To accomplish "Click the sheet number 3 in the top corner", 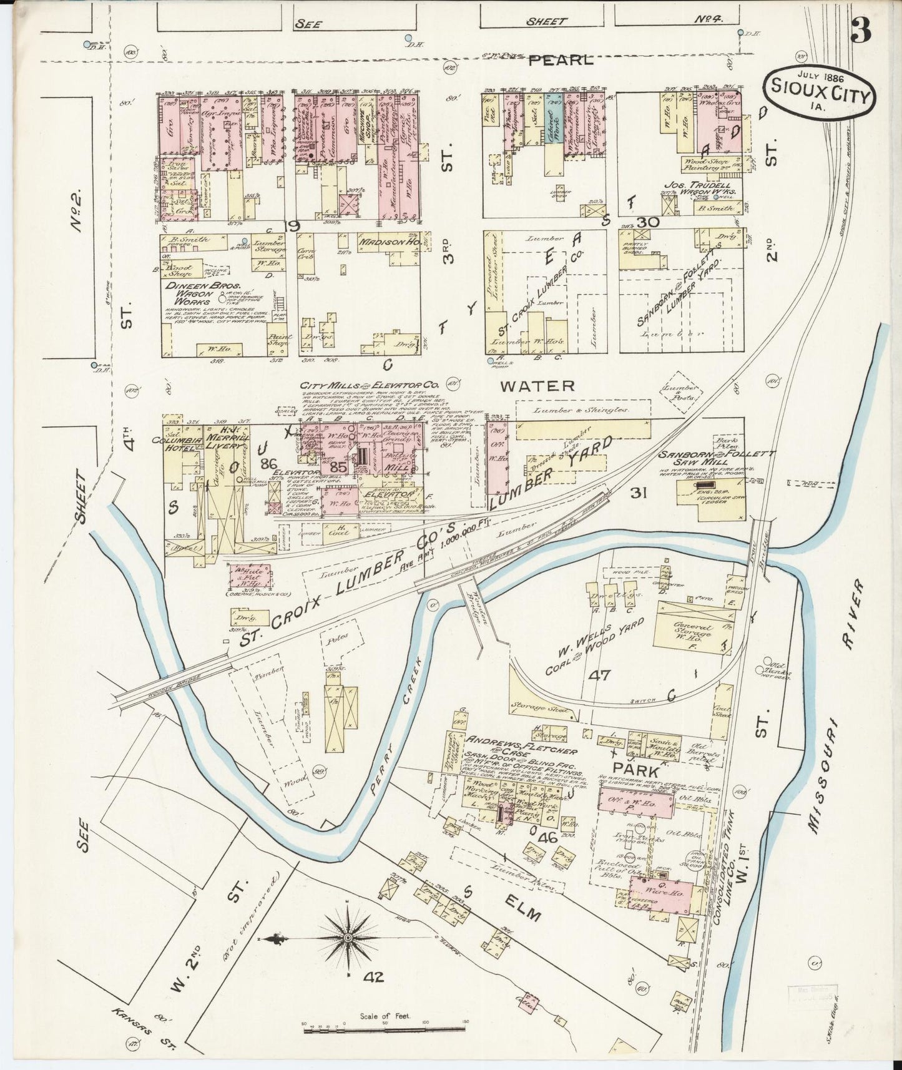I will click(861, 29).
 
